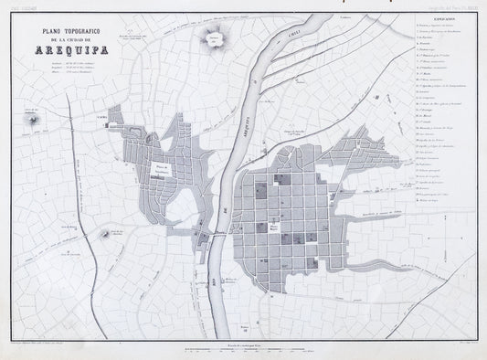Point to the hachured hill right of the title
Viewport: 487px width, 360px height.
(x=216, y=38)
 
